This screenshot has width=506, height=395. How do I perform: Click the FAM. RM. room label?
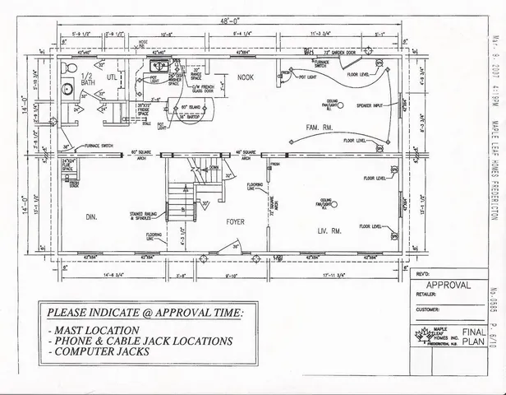click(x=317, y=127)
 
